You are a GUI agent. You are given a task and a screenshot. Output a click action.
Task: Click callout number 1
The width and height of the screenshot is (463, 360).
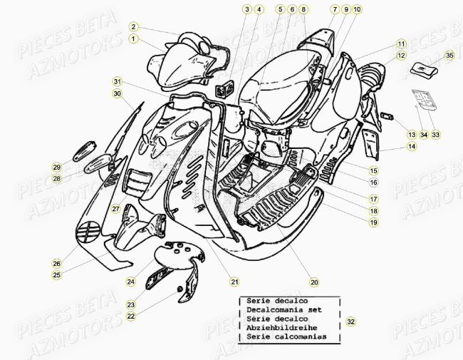133,38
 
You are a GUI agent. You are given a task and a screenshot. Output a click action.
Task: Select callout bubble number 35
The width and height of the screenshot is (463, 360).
449,55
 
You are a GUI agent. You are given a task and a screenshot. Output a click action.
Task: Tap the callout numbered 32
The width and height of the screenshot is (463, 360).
350,322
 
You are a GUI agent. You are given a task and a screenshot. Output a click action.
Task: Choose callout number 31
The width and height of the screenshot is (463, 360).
118,81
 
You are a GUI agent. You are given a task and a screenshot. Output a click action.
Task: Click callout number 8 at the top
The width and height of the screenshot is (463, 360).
304,9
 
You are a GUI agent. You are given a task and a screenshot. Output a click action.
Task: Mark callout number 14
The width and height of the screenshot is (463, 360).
412,147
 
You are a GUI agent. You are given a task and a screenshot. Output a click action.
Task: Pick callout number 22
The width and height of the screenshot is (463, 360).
131,316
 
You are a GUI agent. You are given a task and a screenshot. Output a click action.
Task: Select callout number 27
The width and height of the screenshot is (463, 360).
115,209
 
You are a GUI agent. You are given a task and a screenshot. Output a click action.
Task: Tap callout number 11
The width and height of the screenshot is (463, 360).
402,43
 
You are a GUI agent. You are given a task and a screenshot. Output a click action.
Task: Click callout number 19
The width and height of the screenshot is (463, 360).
373,222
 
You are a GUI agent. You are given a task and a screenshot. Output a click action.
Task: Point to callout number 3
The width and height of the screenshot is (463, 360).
246,9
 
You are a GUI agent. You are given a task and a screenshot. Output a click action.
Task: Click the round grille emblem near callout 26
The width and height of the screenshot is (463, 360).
88,233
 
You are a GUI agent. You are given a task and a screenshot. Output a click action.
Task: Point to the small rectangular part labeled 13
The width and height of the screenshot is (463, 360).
388,115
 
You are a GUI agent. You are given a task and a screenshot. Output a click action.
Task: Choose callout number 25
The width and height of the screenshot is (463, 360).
56,274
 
